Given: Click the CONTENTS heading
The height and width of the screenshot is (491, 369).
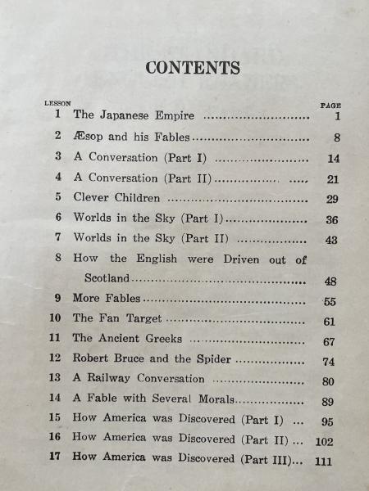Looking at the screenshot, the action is tap(193, 68).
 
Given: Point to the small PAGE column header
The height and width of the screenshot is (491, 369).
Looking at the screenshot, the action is tap(330, 106).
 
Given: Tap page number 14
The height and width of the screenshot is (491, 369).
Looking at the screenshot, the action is tap(332, 159).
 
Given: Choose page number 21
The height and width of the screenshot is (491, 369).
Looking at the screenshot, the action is tap(332, 179).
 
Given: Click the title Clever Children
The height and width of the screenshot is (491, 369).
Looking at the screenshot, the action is tap(116, 198).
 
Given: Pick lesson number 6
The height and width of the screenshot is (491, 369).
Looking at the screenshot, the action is tap(58, 218).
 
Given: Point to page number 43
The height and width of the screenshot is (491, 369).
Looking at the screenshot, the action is tap(331, 241).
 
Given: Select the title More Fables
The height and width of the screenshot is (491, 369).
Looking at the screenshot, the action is tap(107, 299).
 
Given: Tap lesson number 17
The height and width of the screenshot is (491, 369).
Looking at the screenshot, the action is tap(56, 458).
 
